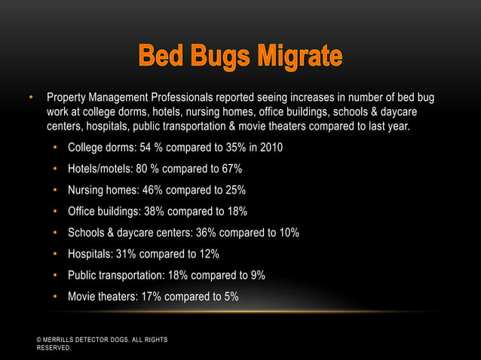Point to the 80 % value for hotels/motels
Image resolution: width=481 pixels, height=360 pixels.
tap(152, 168)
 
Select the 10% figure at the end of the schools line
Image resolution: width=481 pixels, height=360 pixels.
tap(287, 232)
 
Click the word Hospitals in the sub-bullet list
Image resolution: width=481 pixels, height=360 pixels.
tap(90, 254)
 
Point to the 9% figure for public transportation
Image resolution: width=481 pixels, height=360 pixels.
tap(256, 275)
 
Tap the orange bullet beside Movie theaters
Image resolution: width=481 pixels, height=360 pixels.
tap(56, 297)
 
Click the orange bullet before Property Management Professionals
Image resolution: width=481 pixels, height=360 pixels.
tap(32, 99)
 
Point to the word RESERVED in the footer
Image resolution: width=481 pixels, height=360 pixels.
tap(54, 349)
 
